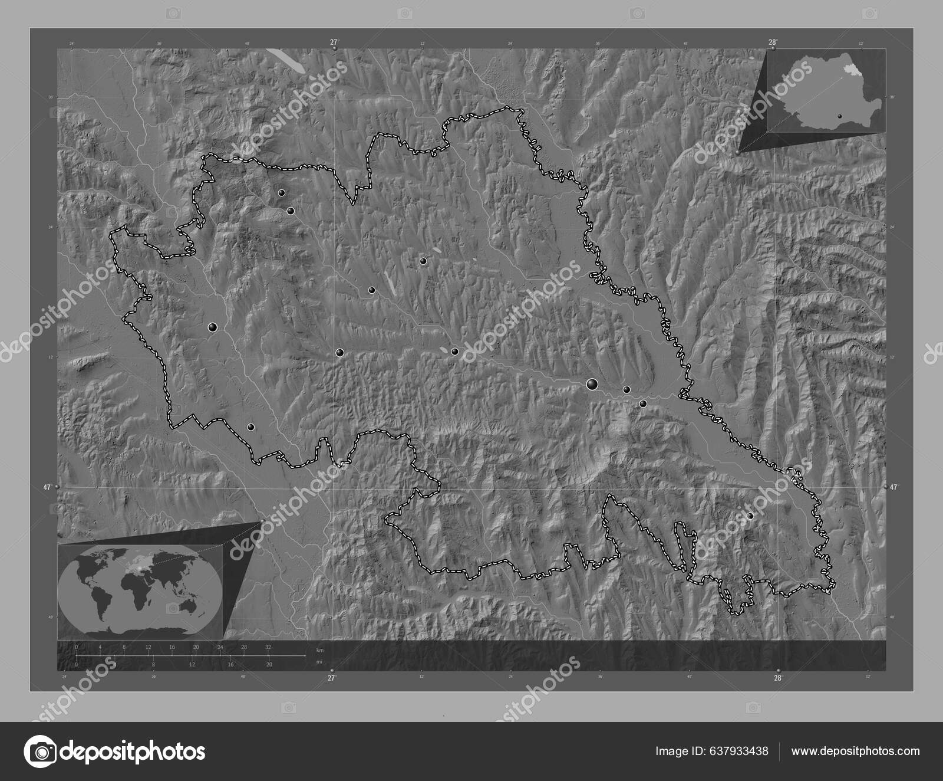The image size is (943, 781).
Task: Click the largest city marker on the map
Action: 592,385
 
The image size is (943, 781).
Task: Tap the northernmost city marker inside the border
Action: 282,193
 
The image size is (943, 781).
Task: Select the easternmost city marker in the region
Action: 750,516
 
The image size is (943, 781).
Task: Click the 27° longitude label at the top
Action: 334,42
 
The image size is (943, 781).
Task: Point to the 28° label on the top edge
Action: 773,42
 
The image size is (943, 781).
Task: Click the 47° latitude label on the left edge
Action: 47,487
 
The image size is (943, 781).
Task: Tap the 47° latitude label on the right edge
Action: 895,487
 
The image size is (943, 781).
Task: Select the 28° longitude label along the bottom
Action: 778,678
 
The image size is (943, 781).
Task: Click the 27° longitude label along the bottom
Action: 331,678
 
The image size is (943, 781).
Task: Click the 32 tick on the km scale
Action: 268,647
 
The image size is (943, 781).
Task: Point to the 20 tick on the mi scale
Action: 269,665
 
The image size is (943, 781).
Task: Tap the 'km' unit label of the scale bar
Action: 319,650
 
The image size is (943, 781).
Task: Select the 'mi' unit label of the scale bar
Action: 319,662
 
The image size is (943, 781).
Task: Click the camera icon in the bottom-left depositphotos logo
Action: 39,752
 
